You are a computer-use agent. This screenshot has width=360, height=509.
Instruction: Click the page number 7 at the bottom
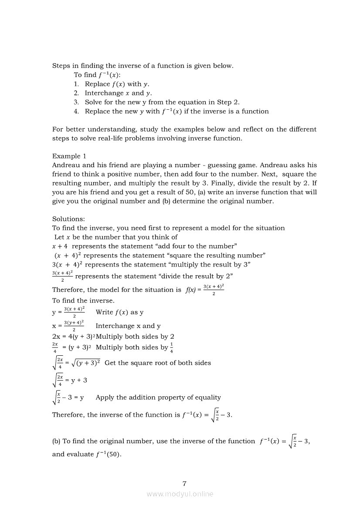point(184,483)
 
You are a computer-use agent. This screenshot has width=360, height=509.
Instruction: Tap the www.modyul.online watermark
point(180,494)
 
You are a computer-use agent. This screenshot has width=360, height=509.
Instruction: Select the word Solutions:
point(69,219)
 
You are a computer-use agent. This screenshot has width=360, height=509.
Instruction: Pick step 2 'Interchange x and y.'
point(118,93)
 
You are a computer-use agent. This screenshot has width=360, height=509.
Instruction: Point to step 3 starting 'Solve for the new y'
point(162,102)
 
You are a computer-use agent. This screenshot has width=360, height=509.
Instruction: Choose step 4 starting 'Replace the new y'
point(177,111)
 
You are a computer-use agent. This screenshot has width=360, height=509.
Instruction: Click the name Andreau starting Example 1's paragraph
point(66,165)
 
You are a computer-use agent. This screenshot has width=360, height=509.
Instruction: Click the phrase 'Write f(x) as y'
point(119,312)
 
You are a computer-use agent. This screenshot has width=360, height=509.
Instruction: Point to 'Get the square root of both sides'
point(158,363)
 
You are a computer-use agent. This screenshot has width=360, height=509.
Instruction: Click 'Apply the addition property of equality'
point(158,397)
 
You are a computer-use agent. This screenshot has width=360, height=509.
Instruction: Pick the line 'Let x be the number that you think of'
point(116,237)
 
